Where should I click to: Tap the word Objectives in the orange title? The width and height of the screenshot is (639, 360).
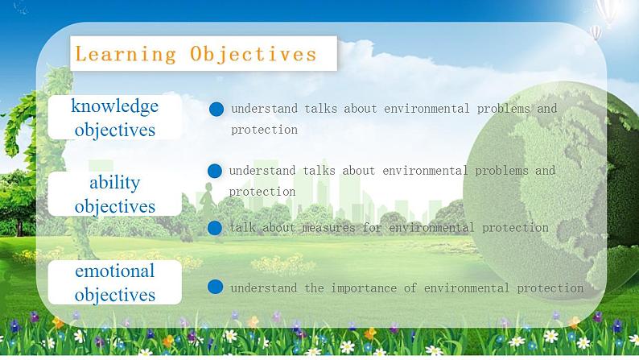click(x=254, y=54)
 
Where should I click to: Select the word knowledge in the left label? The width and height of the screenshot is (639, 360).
click(x=115, y=106)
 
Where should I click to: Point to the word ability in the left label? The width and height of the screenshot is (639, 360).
click(x=115, y=182)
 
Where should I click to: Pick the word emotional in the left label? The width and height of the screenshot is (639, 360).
click(x=115, y=271)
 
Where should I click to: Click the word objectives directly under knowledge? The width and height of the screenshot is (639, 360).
click(x=115, y=130)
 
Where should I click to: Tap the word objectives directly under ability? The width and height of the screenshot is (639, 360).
click(x=115, y=206)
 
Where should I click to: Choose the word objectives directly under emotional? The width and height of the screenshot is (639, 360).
click(x=115, y=295)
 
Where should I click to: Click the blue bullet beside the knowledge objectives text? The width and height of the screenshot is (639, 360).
click(x=216, y=109)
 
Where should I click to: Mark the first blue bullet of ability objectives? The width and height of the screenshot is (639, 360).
click(x=215, y=171)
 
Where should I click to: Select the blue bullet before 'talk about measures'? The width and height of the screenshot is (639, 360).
click(x=215, y=228)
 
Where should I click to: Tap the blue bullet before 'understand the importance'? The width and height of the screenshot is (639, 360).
click(x=215, y=287)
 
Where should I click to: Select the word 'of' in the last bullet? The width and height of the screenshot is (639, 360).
click(x=410, y=288)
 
